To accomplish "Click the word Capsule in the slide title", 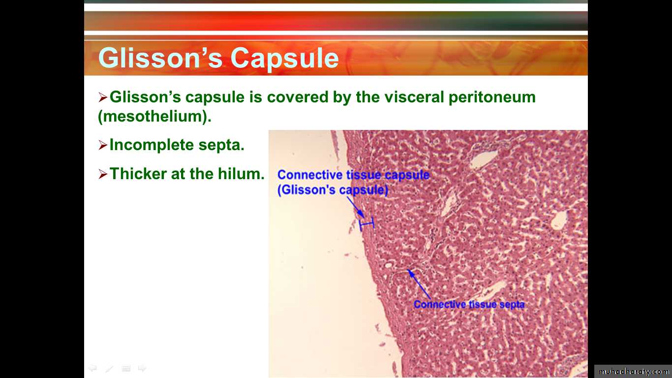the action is tap(285, 58).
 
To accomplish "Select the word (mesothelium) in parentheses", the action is tap(154, 116).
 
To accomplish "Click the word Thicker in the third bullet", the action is tap(138, 174).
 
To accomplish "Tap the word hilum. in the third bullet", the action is tap(241, 174).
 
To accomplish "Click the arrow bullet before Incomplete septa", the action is tap(103, 145).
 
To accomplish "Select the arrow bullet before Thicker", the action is tap(103, 174).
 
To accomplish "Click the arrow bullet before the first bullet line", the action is tap(103, 97).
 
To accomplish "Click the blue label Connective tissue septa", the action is tap(469, 305).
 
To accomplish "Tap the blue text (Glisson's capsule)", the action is tap(333, 190).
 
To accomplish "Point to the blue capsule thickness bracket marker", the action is tap(367, 224).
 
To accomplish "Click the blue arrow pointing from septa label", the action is tap(419, 284).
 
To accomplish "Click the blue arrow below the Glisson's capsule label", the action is tap(356, 208).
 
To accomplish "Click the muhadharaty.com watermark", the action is tap(634, 372).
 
